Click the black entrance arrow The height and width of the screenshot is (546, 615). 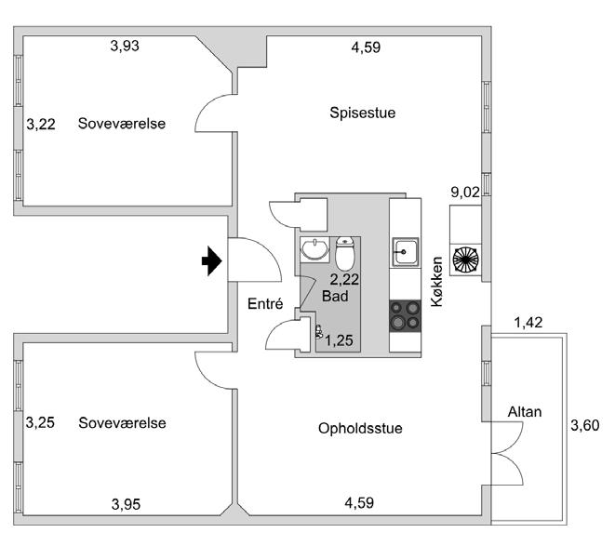[x=213, y=262]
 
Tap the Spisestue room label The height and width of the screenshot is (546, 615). [x=363, y=113]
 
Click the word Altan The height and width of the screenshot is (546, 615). [x=524, y=411]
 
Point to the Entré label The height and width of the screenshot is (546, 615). [x=264, y=303]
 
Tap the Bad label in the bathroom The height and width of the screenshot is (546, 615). [x=334, y=296]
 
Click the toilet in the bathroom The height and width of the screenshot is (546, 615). [x=345, y=253]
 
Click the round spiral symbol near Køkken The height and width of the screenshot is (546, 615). [x=465, y=260]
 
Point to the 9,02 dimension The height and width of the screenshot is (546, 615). [x=465, y=193]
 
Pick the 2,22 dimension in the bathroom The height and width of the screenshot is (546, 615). [x=345, y=278]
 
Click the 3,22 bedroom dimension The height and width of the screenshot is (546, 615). [x=41, y=123]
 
